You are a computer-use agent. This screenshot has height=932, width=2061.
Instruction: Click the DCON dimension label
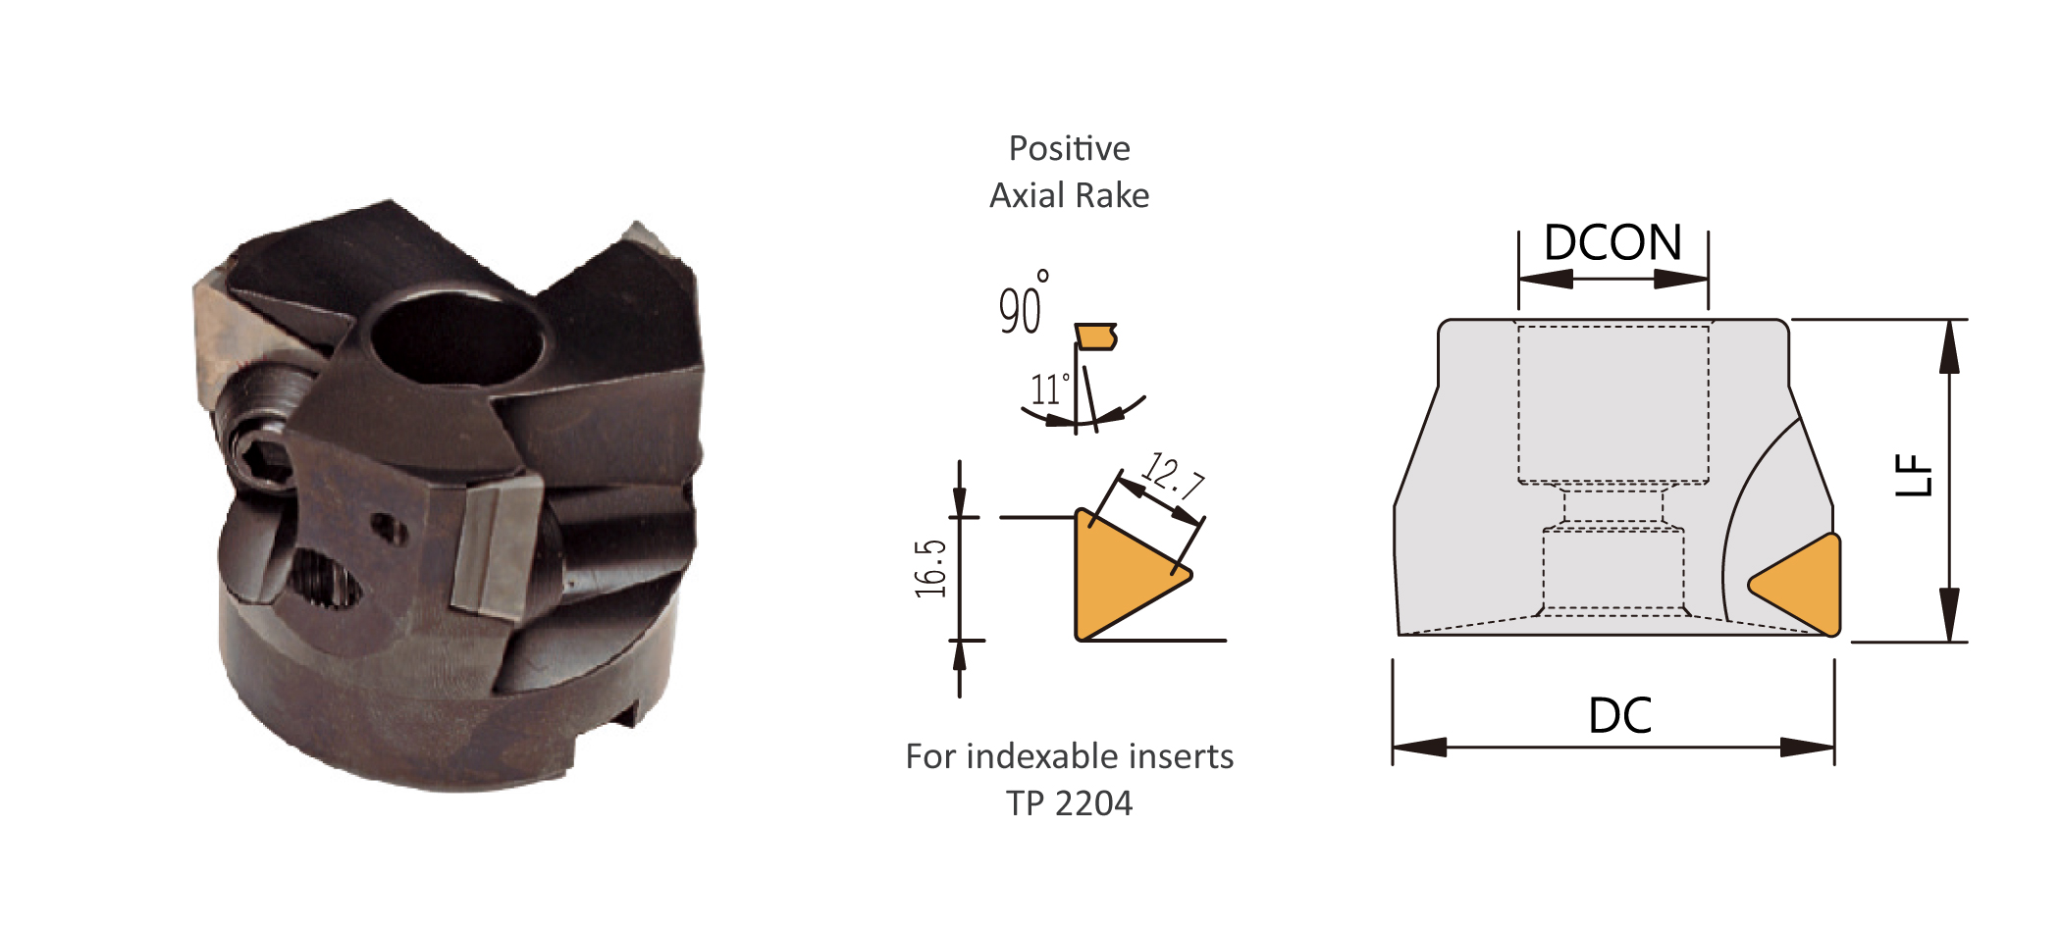coord(1612,242)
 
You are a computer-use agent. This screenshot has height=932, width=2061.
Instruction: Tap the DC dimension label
coord(1620,716)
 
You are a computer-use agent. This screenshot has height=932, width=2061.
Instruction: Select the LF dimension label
coord(1914,476)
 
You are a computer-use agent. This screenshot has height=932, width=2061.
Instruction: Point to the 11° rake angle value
coord(1048,389)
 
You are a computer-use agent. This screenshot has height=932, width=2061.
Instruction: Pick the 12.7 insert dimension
coord(1173,476)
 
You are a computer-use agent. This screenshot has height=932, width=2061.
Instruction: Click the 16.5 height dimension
coord(930,568)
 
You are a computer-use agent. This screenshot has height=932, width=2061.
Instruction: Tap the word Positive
coord(1070,148)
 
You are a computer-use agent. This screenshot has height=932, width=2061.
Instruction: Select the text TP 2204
coord(1070,803)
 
